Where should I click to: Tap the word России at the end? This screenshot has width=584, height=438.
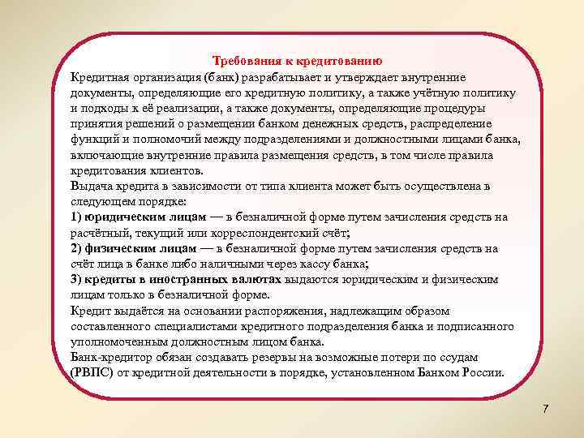[x=482, y=373]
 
